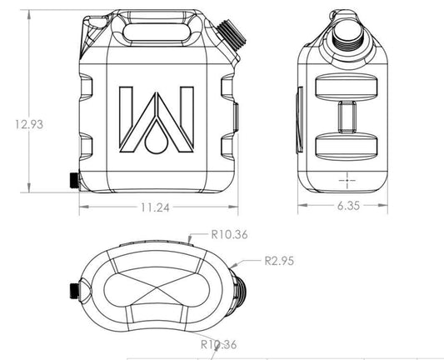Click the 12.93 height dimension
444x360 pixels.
(x=27, y=124)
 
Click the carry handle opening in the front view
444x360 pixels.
(x=155, y=30)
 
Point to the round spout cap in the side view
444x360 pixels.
(x=344, y=27)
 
